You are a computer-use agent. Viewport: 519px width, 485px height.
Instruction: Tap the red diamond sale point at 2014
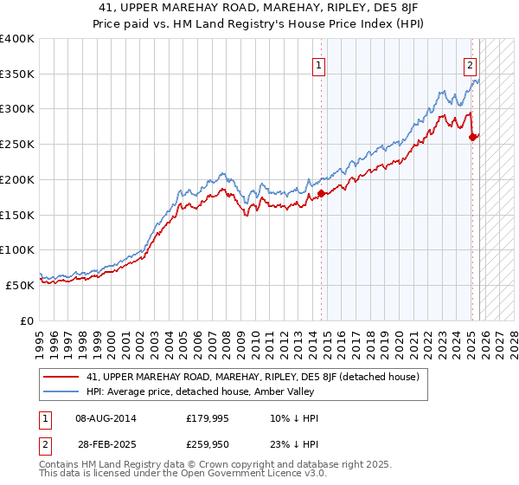[x=321, y=193]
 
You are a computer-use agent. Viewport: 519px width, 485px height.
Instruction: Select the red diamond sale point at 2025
[x=472, y=137]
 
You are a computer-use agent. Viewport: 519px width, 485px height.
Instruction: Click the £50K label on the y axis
[x=21, y=285]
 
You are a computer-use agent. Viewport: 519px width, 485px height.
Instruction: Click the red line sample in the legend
[x=62, y=377]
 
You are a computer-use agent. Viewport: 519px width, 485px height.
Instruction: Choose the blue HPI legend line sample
[x=62, y=392]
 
